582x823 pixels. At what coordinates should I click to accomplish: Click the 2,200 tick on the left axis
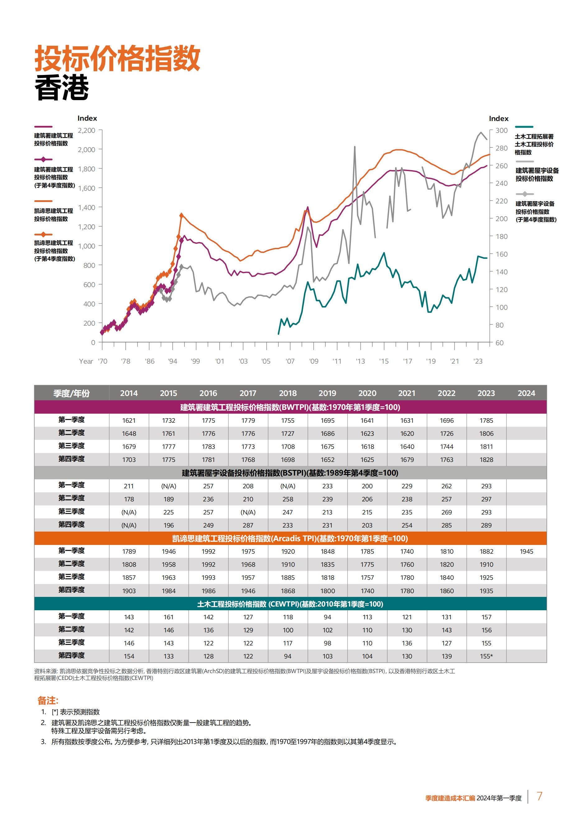[x=86, y=130]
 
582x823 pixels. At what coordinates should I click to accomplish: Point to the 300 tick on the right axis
[x=501, y=130]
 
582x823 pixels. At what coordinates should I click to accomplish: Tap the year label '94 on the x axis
[x=172, y=361]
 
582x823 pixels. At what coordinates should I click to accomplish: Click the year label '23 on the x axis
[x=478, y=361]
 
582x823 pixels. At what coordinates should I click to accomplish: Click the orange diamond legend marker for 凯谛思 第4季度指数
[x=43, y=235]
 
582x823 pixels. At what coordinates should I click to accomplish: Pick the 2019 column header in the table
[x=327, y=393]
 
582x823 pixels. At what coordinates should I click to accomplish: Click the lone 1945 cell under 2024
[x=526, y=551]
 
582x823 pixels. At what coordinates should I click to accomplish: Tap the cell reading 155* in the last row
[x=486, y=656]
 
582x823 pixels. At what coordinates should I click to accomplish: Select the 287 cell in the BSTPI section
[x=248, y=525]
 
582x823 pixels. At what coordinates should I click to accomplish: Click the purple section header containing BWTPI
[x=290, y=407]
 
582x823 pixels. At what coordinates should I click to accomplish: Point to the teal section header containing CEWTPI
[x=290, y=604]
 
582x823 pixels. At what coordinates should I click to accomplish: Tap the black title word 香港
[x=62, y=88]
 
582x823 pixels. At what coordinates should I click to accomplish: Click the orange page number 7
[x=539, y=796]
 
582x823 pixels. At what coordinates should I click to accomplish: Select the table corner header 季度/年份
[x=71, y=393]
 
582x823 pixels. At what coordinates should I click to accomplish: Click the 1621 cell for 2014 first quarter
[x=129, y=421]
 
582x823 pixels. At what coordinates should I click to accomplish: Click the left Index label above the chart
[x=87, y=118]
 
